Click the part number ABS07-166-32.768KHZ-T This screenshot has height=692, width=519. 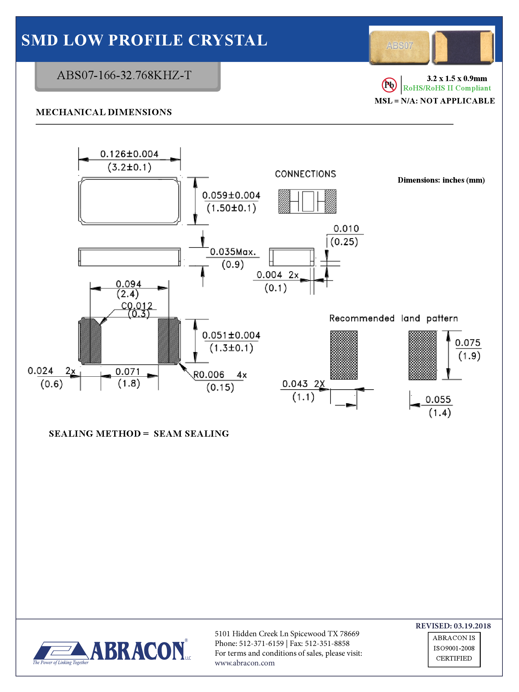tap(124, 75)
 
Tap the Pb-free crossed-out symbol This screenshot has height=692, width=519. tap(389, 85)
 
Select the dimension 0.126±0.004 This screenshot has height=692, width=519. tap(129, 154)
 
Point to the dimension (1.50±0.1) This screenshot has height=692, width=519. tap(231, 208)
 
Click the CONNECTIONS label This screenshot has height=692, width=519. tap(305, 174)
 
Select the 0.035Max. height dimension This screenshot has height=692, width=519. tap(233, 252)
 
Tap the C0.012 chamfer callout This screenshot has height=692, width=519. tap(137, 306)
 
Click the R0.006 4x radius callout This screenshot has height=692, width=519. tap(220, 375)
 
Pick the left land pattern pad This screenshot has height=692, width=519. tap(344, 355)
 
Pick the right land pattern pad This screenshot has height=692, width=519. tap(422, 355)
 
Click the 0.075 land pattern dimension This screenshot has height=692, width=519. tap(467, 343)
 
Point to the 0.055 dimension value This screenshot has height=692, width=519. tap(438, 399)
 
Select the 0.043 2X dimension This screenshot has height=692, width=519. tap(303, 384)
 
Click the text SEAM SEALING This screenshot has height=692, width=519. tap(191, 434)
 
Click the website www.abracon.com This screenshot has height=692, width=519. tap(245, 663)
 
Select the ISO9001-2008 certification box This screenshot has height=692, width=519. tap(453, 648)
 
